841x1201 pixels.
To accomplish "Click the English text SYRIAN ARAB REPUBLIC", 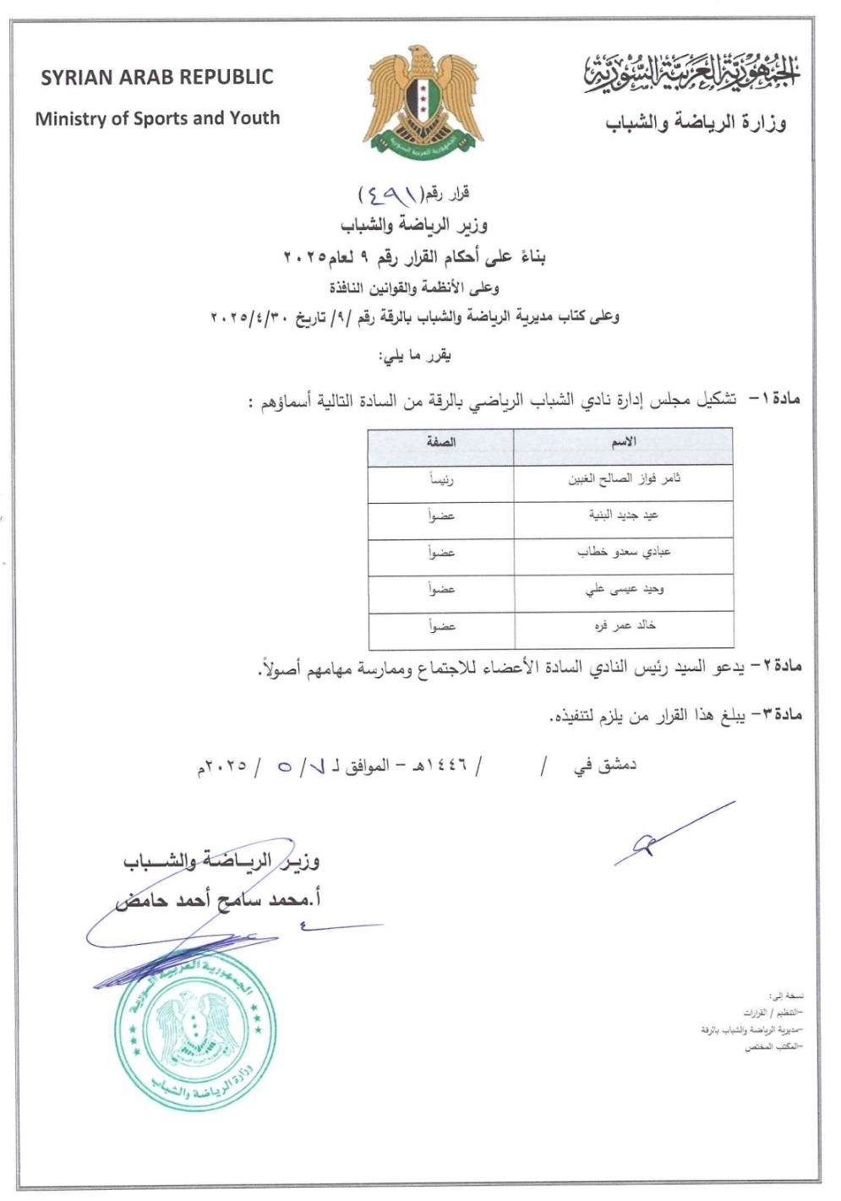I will pos(157,77).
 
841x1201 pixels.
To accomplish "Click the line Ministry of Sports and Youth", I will pos(157,118).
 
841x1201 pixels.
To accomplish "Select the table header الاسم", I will pos(623,442).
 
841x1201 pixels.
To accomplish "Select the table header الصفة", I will pos(441,442).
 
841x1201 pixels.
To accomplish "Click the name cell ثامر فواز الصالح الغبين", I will pos(624,479).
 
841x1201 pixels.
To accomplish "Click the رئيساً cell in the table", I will pos(441,480).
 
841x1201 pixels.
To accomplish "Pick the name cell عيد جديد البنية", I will pos(624,516).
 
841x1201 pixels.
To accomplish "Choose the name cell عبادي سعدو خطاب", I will pos(624,552).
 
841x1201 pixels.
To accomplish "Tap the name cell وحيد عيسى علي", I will pos(624,589).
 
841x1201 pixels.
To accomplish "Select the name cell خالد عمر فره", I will pos(624,625).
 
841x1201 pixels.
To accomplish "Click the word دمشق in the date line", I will pos(616,766).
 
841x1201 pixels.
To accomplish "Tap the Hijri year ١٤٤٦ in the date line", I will pos(443,767).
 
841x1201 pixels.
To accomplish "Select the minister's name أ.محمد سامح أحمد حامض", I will pos(218,900).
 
